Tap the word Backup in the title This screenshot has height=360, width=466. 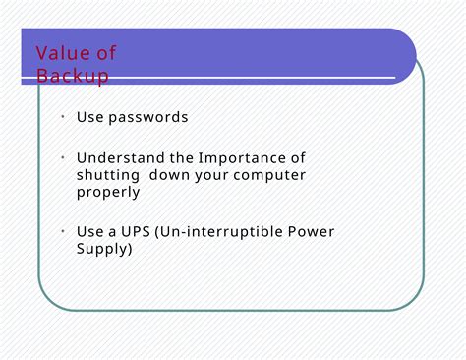[72, 76]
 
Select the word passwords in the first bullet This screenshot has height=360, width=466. [147, 118]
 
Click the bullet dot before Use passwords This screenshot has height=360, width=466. [61, 116]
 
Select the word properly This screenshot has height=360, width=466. [108, 193]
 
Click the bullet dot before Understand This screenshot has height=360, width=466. [61, 157]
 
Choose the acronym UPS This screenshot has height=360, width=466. [137, 232]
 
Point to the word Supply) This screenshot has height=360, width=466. [104, 249]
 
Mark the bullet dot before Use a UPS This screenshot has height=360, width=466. [61, 231]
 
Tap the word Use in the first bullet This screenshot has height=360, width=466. [89, 118]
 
